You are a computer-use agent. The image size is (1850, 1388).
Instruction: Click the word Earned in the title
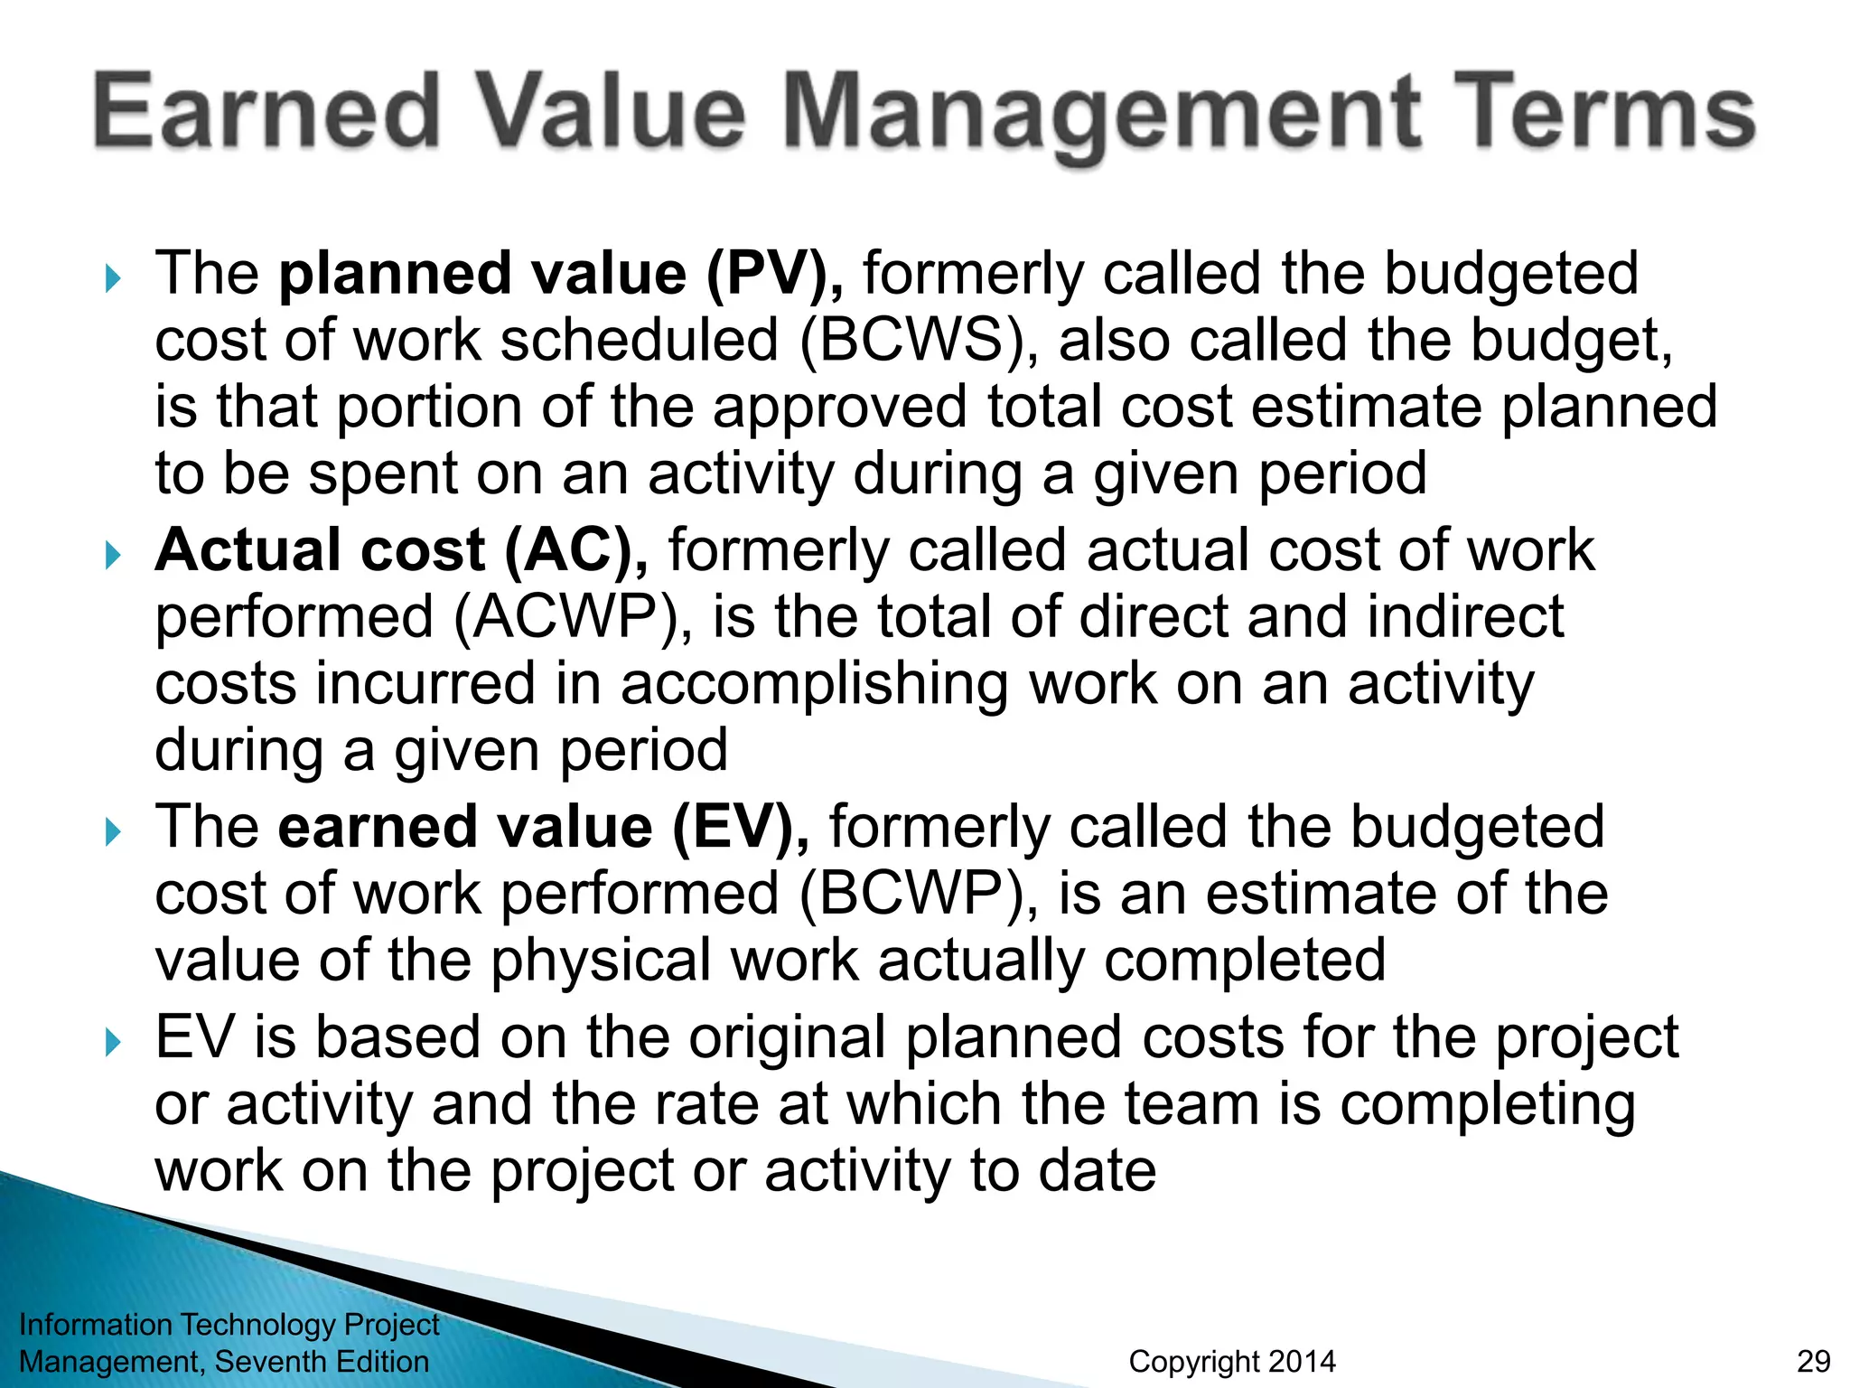[266, 112]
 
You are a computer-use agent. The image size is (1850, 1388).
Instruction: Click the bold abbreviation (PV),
[775, 274]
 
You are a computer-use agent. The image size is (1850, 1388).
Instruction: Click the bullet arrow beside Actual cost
[113, 555]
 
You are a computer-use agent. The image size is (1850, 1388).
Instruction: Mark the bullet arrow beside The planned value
[113, 278]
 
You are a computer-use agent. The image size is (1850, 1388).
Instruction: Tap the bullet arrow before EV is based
[113, 1043]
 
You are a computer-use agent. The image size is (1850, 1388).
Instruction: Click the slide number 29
[1813, 1361]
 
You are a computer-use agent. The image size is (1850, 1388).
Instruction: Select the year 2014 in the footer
[1297, 1361]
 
